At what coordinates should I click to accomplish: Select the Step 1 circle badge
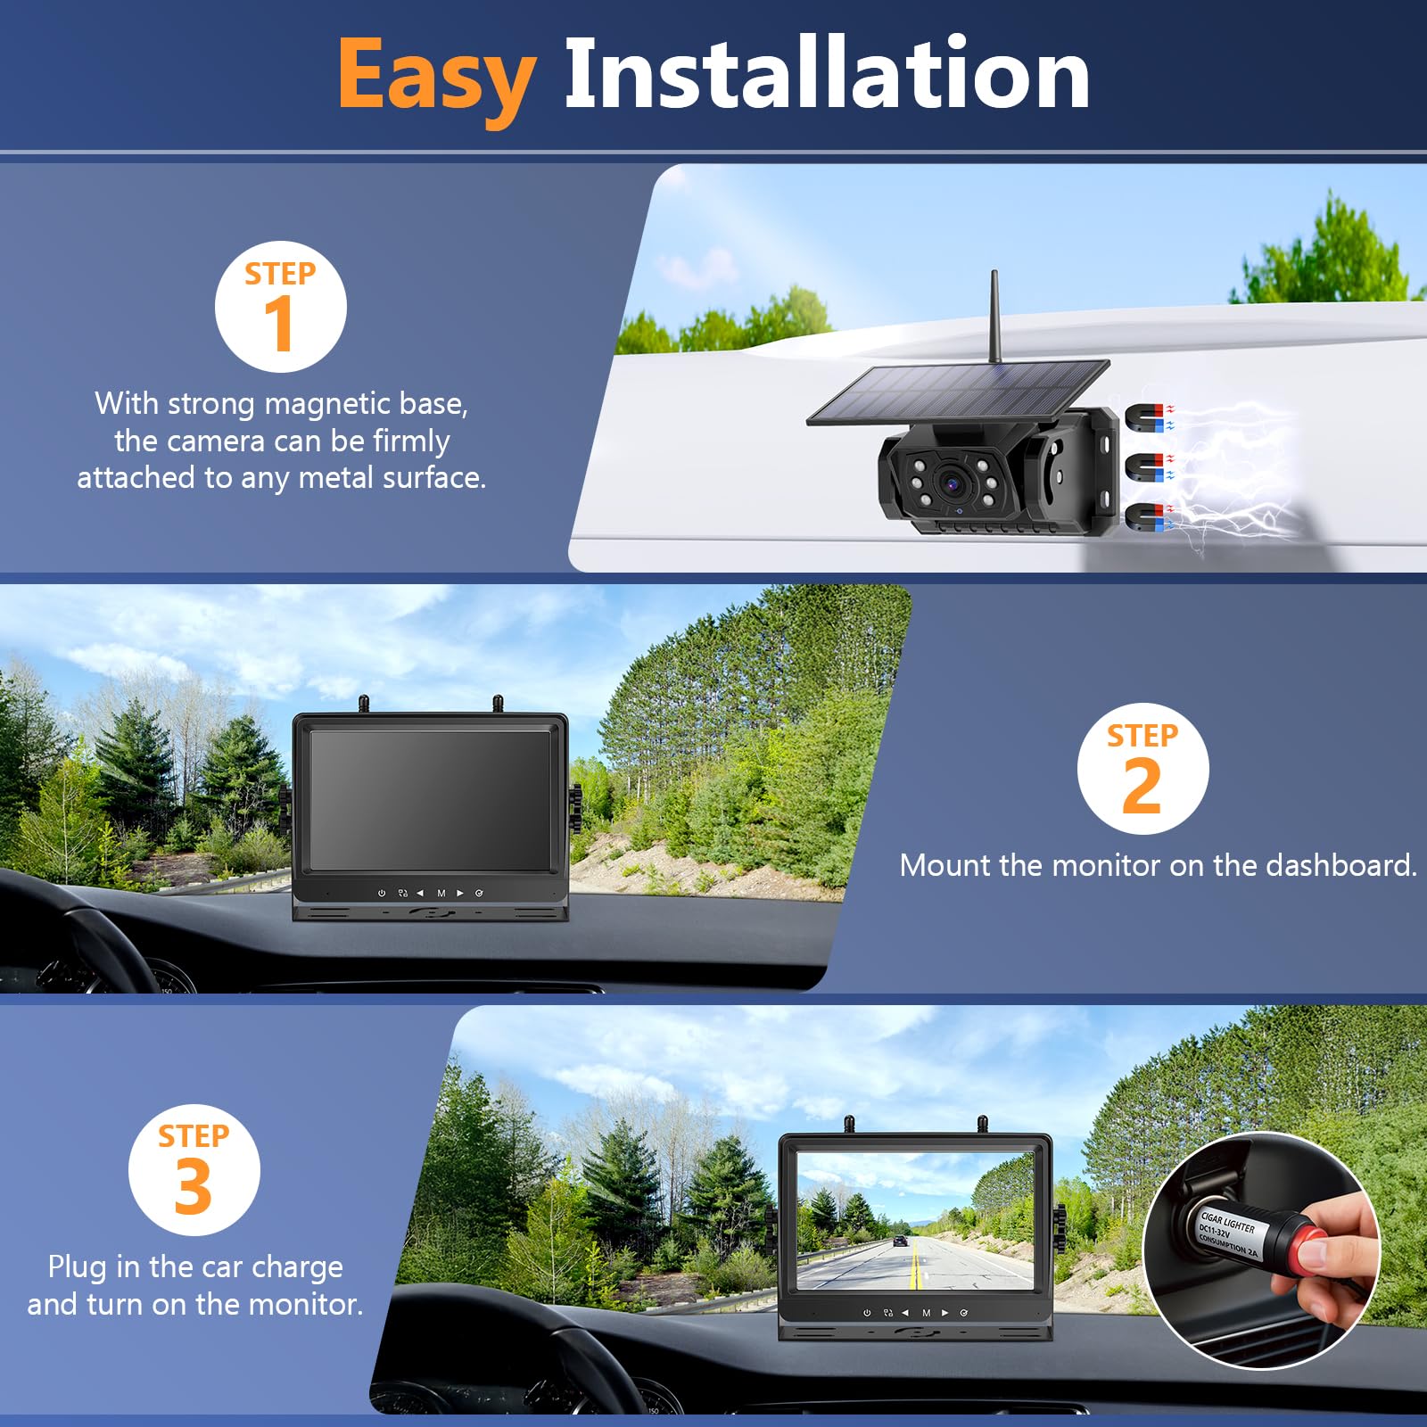(281, 307)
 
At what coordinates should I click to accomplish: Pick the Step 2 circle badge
(1142, 769)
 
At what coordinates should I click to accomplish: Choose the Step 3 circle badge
(194, 1169)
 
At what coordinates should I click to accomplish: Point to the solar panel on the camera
(959, 392)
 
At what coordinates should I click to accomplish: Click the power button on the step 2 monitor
(382, 893)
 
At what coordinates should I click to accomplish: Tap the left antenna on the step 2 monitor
(363, 705)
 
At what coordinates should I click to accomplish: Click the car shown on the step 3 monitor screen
(901, 1241)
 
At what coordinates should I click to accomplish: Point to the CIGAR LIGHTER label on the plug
(1228, 1222)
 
